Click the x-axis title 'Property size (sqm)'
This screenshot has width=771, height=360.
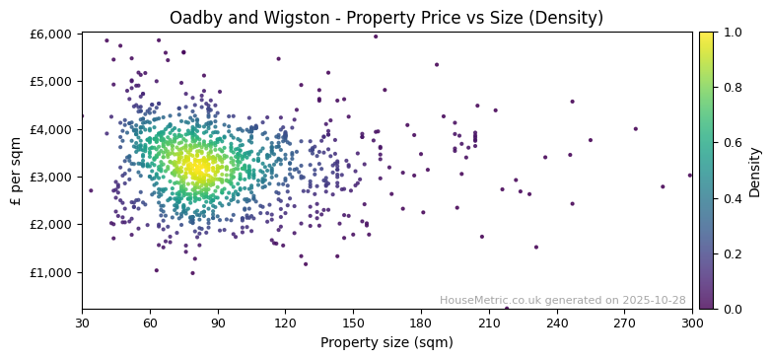386,343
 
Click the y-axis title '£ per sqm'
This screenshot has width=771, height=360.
16,172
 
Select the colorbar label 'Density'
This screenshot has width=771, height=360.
754,172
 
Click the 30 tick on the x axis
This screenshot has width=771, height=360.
82,323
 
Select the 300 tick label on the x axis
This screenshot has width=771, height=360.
692,323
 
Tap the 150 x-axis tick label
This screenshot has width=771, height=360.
353,323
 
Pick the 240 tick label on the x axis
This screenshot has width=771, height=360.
557,323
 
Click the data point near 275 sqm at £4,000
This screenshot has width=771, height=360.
635,129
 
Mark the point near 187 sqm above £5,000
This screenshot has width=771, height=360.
437,65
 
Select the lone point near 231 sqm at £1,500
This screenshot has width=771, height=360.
536,248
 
